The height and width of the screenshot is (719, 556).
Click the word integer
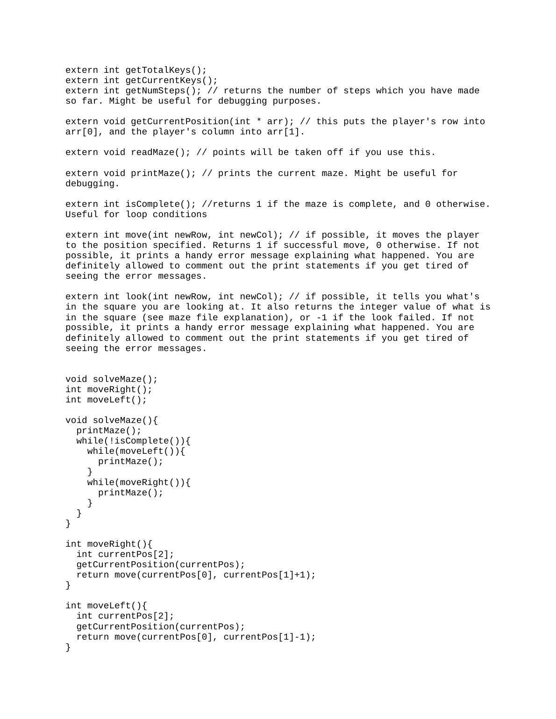[382, 307]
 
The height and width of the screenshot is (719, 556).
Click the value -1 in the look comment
[322, 317]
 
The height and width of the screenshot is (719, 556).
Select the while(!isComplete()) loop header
[134, 441]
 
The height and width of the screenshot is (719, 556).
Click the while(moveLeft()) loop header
[136, 451]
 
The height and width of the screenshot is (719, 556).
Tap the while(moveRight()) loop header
[139, 482]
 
